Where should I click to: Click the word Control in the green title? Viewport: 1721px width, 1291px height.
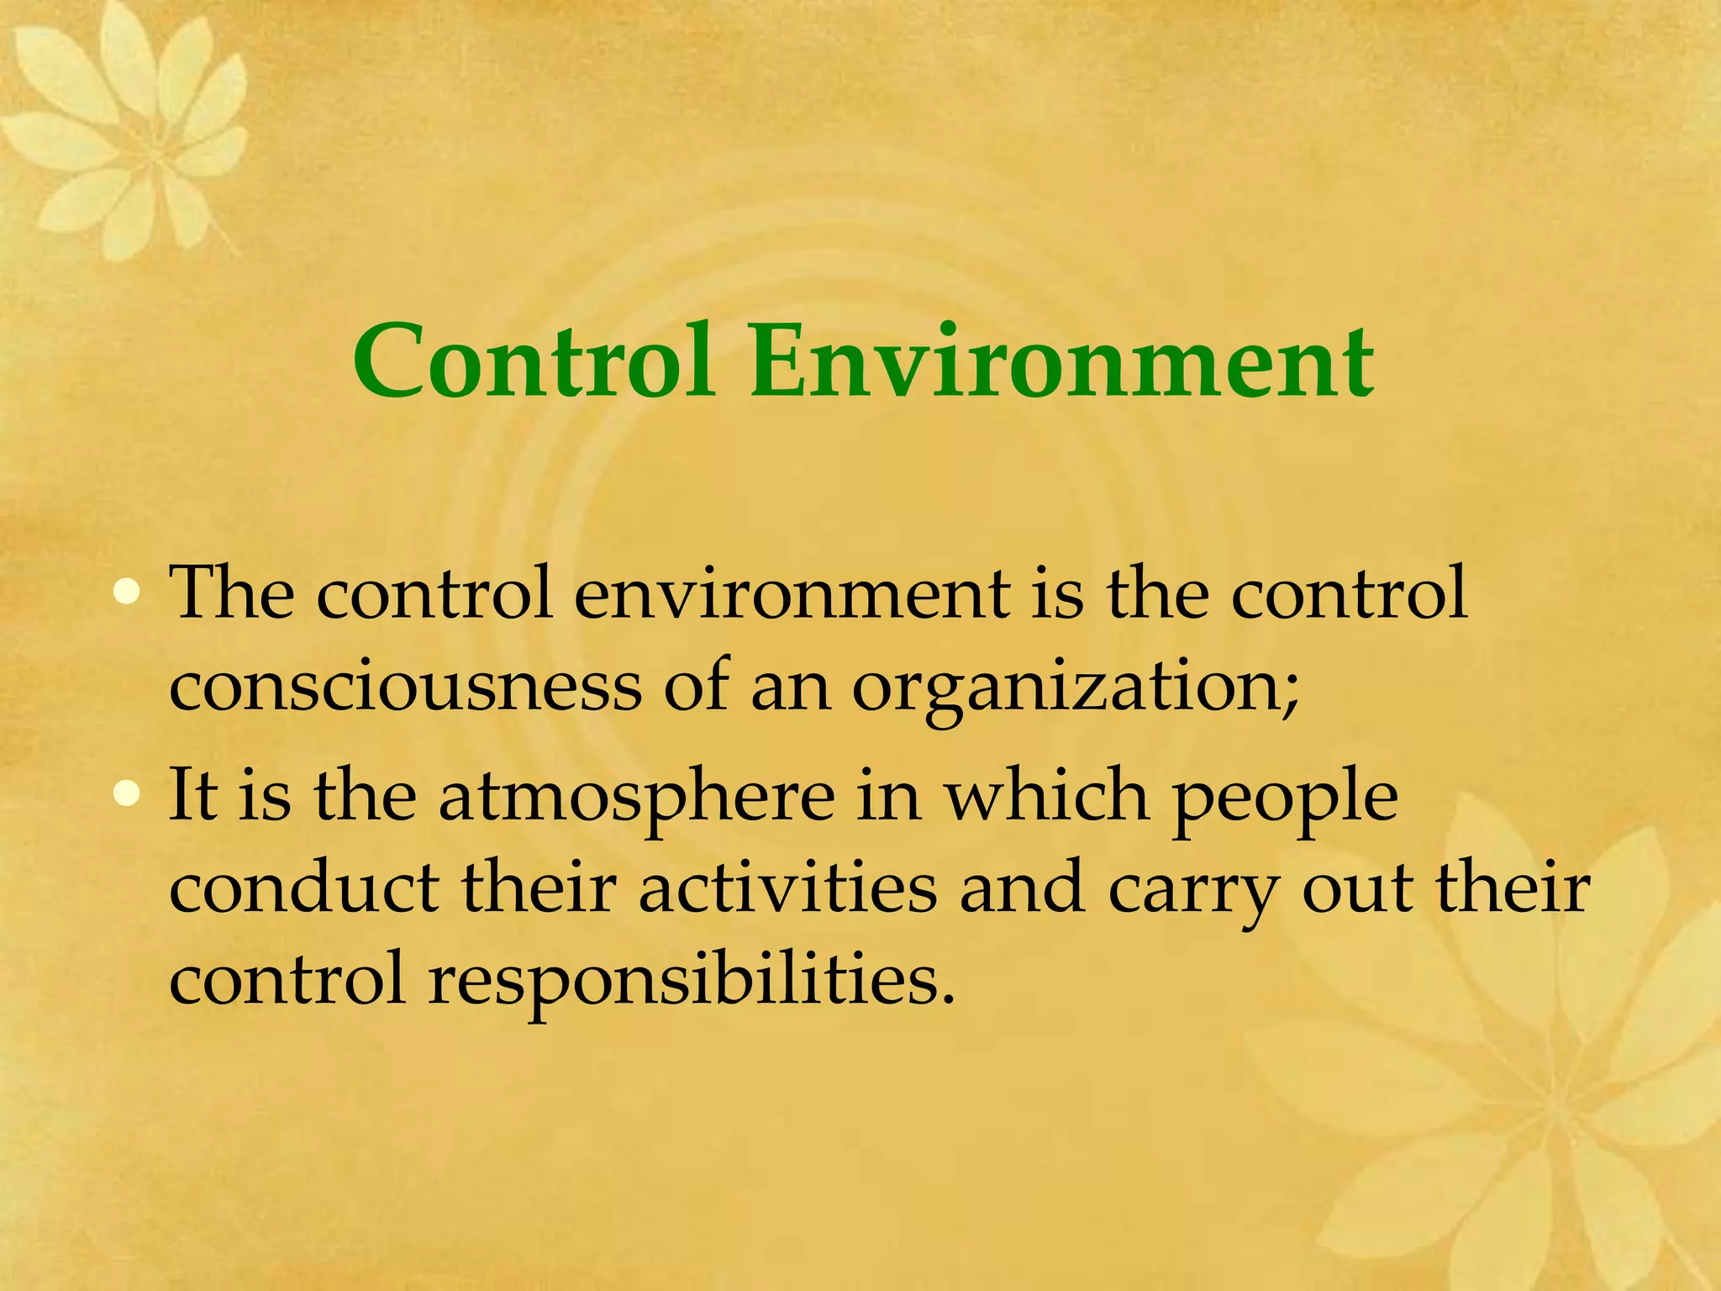tap(534, 363)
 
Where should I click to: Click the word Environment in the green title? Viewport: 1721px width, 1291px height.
tap(1062, 363)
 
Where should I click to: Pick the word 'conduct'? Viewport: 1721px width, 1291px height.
tap(304, 889)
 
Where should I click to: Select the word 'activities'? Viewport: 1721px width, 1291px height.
tap(787, 889)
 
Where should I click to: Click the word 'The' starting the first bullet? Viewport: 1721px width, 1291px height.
tap(231, 593)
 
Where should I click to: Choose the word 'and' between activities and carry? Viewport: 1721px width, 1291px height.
tap(1022, 889)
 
